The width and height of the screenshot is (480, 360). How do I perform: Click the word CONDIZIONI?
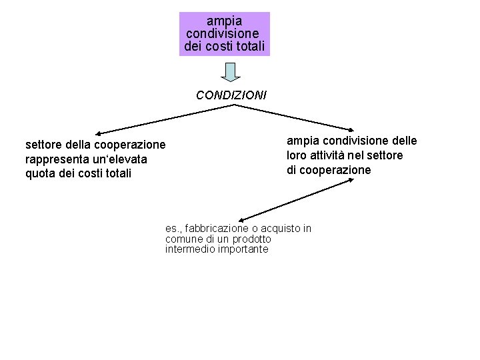click(x=231, y=95)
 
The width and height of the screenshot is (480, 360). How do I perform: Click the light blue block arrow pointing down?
click(x=230, y=71)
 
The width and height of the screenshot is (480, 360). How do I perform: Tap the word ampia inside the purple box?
click(x=225, y=21)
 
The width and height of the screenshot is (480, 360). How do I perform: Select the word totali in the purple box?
click(x=248, y=46)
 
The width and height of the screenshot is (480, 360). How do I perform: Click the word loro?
click(x=297, y=155)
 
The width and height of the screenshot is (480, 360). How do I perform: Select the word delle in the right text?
click(x=403, y=141)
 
